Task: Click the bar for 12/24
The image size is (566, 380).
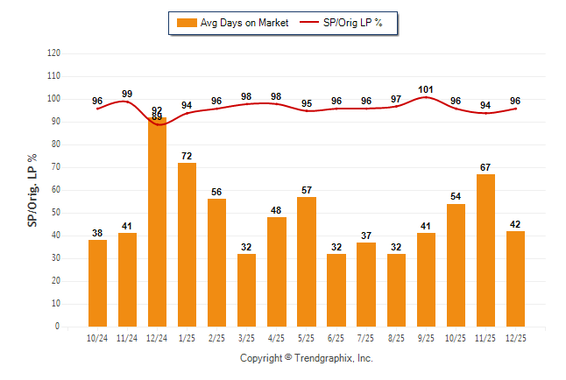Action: pyautogui.click(x=158, y=222)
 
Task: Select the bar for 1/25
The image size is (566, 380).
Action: pyautogui.click(x=187, y=244)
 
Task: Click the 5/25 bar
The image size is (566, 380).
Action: pyautogui.click(x=307, y=262)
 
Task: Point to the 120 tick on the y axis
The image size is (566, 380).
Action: pyautogui.click(x=53, y=53)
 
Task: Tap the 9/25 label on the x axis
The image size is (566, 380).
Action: pyautogui.click(x=426, y=338)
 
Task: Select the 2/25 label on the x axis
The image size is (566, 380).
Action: pyautogui.click(x=217, y=338)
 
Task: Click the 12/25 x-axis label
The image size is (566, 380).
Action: pyautogui.click(x=515, y=338)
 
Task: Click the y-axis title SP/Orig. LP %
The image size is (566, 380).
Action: pyautogui.click(x=33, y=190)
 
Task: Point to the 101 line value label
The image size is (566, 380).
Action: pyautogui.click(x=426, y=89)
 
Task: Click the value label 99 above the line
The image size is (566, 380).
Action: pyautogui.click(x=127, y=94)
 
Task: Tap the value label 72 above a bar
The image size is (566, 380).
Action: pyautogui.click(x=187, y=156)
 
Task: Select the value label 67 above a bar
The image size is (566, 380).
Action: pyautogui.click(x=485, y=167)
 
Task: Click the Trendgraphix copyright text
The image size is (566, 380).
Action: pyautogui.click(x=307, y=358)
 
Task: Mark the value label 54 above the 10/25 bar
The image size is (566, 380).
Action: pyautogui.click(x=456, y=197)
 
